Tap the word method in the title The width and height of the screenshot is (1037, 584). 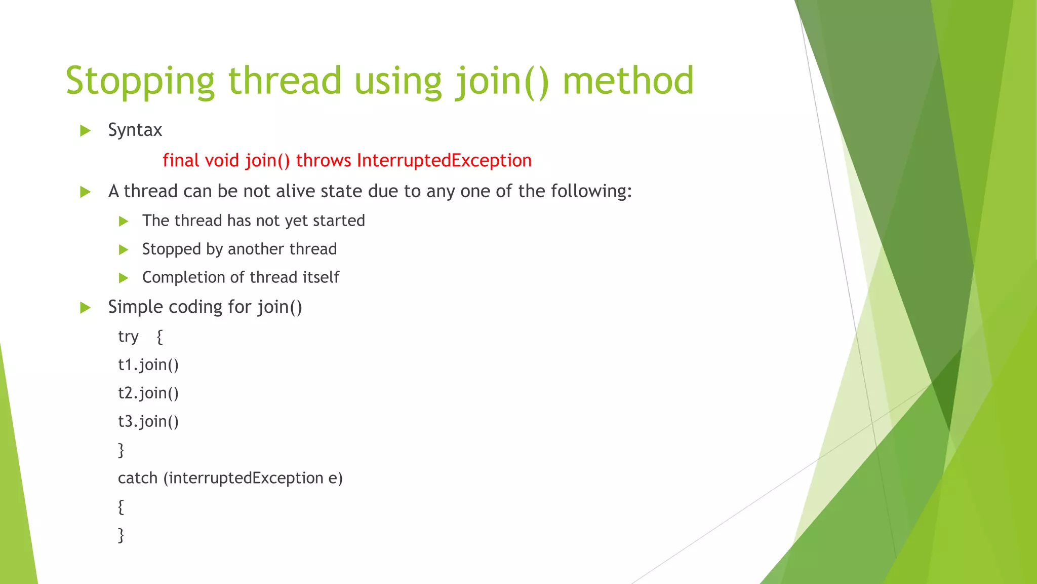pos(628,81)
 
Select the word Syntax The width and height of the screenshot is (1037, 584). pos(135,130)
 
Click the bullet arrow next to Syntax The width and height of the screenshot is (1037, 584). pos(85,131)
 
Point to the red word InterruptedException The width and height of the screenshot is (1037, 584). pos(444,161)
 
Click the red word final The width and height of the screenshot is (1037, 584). pos(180,161)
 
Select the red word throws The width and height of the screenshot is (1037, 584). pos(323,161)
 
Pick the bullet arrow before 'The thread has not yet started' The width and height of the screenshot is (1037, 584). pos(123,221)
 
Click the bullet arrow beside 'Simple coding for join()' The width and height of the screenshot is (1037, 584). pos(85,308)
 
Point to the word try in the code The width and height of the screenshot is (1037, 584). pos(128,337)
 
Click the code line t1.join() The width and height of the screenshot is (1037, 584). pos(148,365)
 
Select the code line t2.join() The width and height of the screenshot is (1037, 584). pos(148,393)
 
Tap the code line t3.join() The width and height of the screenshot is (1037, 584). pos(148,422)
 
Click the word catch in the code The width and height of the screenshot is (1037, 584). pos(138,478)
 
